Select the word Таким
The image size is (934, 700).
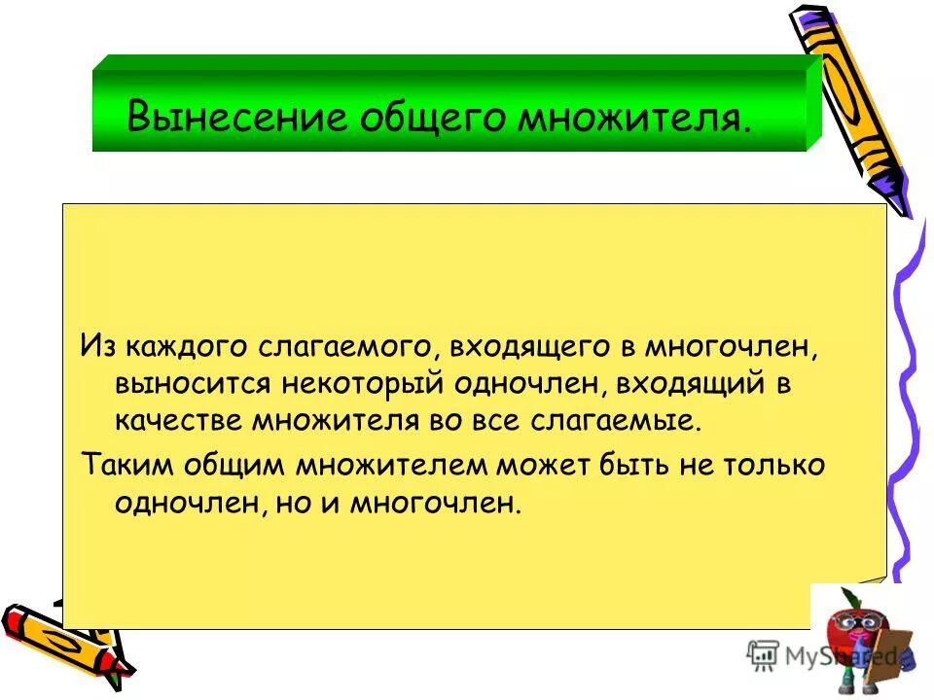click(122, 464)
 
